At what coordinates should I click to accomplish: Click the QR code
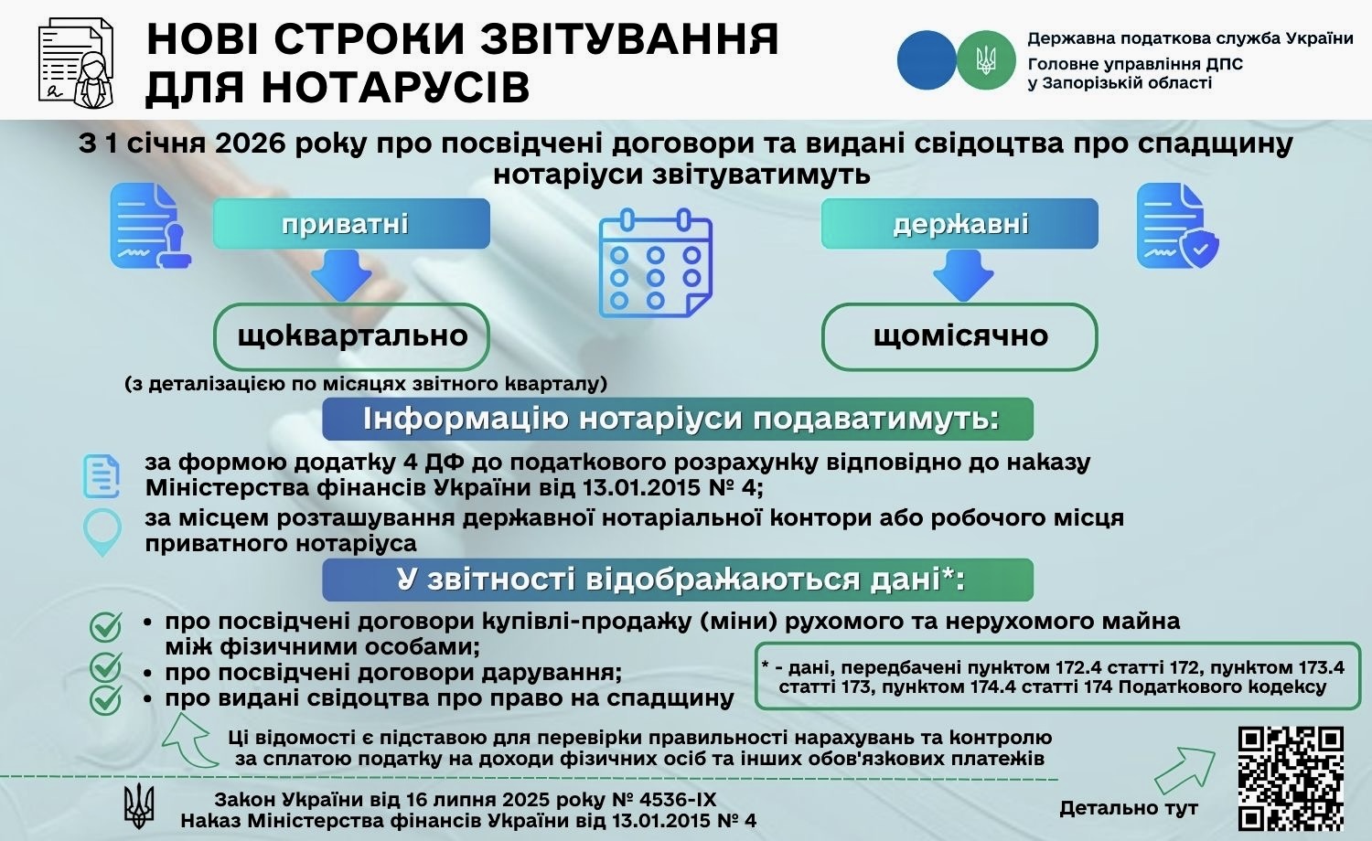1291,777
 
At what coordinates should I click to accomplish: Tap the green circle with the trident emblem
986,60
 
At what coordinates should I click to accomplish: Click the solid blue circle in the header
927,60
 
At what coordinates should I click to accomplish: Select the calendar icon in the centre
655,263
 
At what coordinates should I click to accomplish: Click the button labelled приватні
351,224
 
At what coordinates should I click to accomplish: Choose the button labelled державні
959,224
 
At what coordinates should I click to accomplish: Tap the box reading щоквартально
351,335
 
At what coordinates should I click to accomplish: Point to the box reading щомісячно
959,335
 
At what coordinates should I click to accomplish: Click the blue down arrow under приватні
341,275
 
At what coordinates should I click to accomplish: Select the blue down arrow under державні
963,275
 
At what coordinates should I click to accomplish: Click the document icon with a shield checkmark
1177,227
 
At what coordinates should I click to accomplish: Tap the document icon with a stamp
149,227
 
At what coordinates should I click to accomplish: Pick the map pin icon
102,531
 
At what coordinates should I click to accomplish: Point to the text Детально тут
1128,808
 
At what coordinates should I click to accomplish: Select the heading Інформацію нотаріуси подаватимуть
678,419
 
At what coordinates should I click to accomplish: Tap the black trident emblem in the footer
139,805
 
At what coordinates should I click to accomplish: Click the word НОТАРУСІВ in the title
338,88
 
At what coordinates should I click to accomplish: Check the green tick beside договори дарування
106,668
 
